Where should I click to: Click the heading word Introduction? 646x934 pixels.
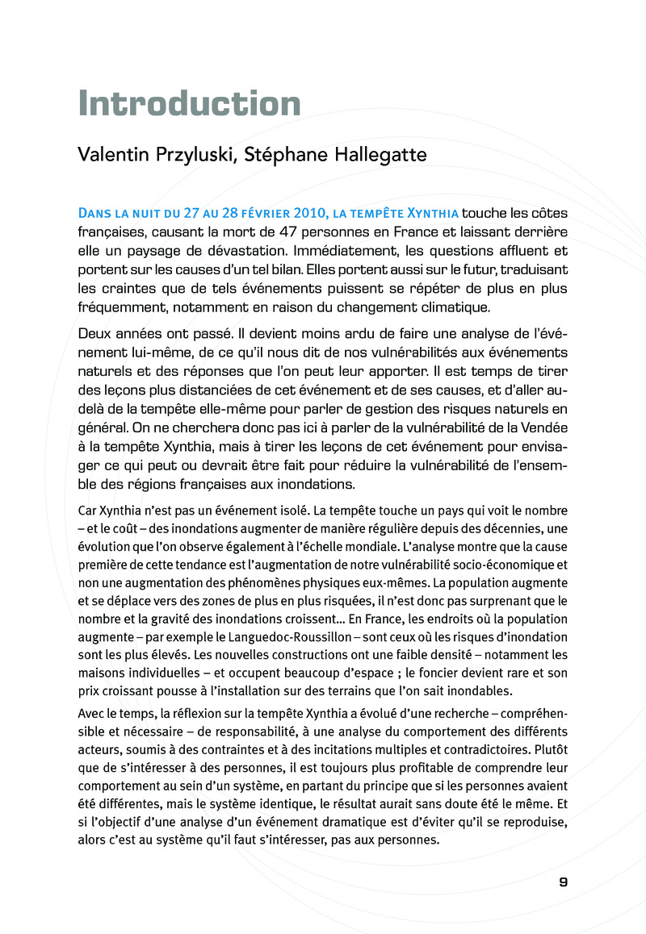[190, 104]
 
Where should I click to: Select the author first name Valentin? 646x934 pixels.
[111, 155]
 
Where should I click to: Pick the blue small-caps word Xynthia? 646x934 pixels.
[430, 213]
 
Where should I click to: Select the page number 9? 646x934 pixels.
[564, 882]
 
